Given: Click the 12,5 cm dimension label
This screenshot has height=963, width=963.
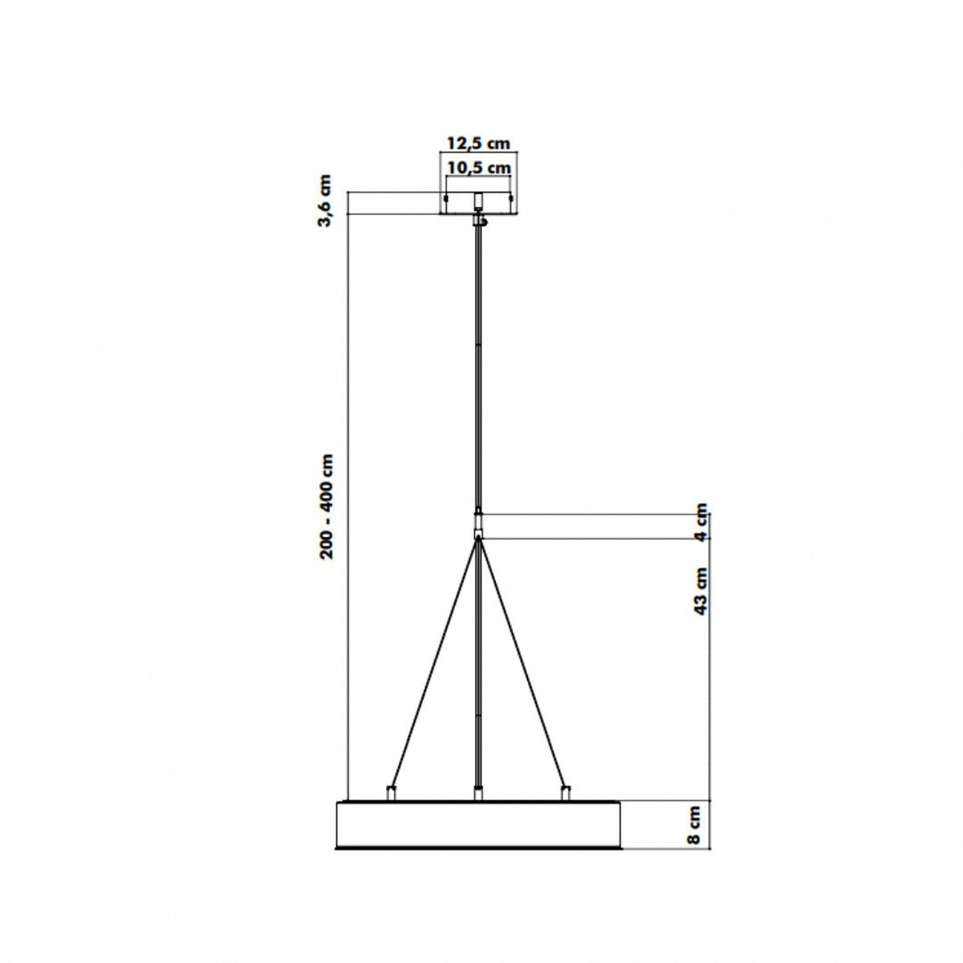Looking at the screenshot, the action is tap(478, 144).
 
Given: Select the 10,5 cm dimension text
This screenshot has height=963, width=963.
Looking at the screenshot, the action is tap(478, 168).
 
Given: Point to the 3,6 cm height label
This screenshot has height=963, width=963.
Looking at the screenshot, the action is tap(325, 201).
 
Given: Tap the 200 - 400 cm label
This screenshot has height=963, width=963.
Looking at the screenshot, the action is tap(326, 506).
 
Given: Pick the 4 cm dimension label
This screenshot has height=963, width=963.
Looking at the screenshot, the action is tap(702, 522).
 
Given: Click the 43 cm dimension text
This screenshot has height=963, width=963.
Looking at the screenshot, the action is tap(702, 591).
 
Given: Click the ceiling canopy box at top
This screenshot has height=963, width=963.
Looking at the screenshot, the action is tap(478, 203).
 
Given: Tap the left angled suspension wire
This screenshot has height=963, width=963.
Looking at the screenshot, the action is tap(434, 663).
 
